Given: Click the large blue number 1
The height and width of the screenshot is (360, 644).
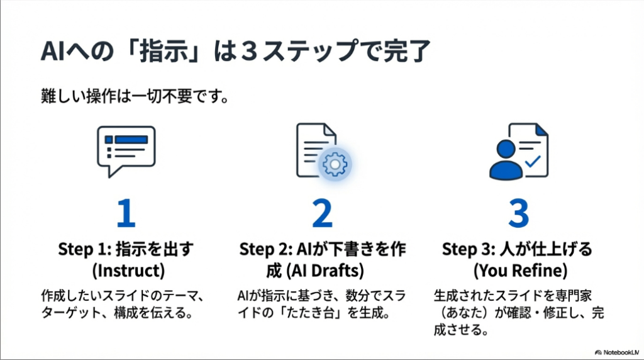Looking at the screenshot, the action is click(126, 213).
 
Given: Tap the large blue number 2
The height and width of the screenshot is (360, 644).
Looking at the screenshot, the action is click(322, 213).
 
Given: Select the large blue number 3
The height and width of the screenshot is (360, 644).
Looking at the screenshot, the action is click(518, 213).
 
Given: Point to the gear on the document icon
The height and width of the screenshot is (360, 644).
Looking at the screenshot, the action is click(335, 164).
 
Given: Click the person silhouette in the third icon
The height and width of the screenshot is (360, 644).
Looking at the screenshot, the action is click(506, 161).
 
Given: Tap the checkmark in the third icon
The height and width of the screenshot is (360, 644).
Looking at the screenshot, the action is click(533, 161).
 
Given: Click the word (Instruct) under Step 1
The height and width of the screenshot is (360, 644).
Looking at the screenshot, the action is click(126, 270).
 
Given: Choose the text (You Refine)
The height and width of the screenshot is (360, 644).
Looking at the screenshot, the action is click(518, 270).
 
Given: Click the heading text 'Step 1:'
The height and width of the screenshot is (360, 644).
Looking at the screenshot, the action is click(78, 249).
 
